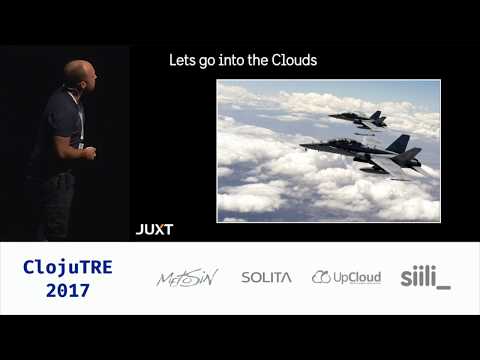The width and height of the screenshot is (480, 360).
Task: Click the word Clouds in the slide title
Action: point(296,61)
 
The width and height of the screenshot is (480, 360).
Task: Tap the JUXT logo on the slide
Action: point(154,229)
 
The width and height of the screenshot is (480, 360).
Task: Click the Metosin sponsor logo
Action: point(187,277)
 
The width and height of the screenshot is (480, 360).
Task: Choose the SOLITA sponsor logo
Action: point(266,277)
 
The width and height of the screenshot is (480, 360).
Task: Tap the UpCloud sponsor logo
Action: point(346,277)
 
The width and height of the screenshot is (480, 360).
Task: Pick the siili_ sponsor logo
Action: point(425,277)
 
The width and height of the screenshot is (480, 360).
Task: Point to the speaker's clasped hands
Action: point(87,152)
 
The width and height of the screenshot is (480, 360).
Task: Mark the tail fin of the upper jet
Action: point(375,114)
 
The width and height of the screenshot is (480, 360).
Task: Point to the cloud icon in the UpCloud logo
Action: point(321,277)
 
